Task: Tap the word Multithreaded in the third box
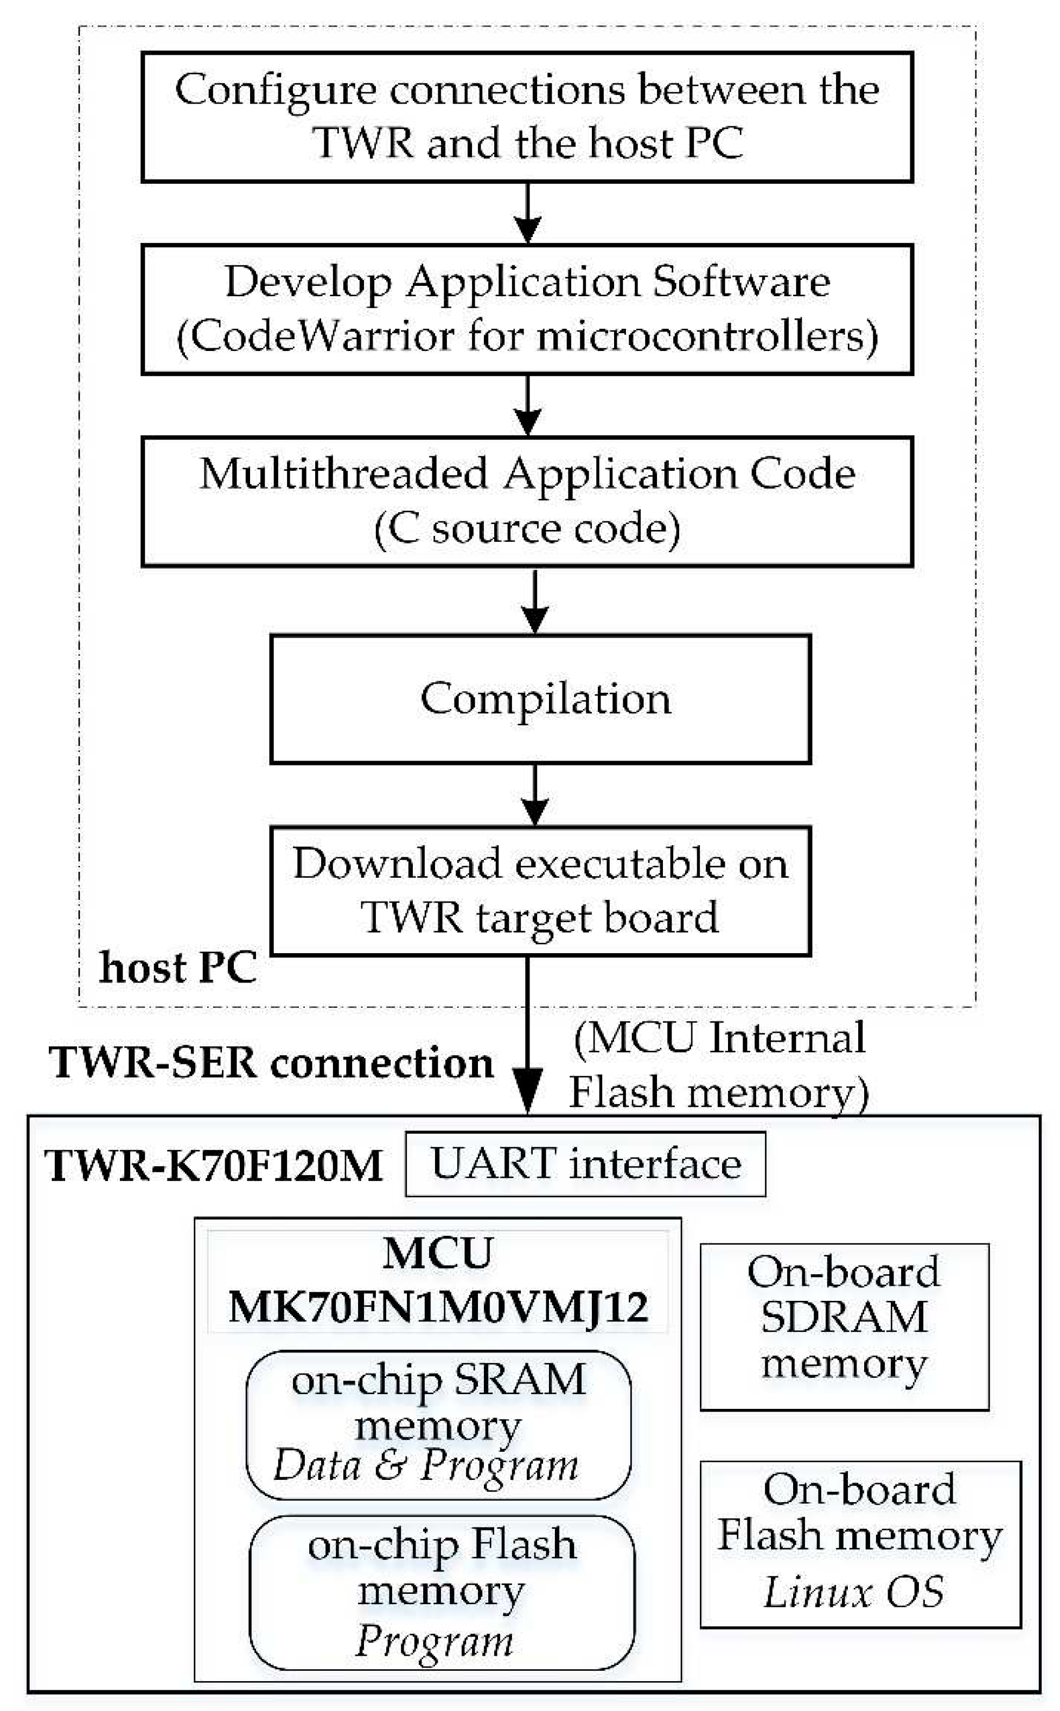coord(343,474)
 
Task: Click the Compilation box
coord(540,699)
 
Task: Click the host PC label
coord(178,968)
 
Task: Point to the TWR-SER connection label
coord(271,1063)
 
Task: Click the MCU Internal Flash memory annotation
coord(719,1065)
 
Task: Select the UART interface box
coord(585,1164)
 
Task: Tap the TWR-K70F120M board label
coord(214,1166)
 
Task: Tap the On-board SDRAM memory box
coord(844,1318)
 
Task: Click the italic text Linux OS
coord(853,1593)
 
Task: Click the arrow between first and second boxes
coord(528,213)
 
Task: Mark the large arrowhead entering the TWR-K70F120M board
coord(527,1090)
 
